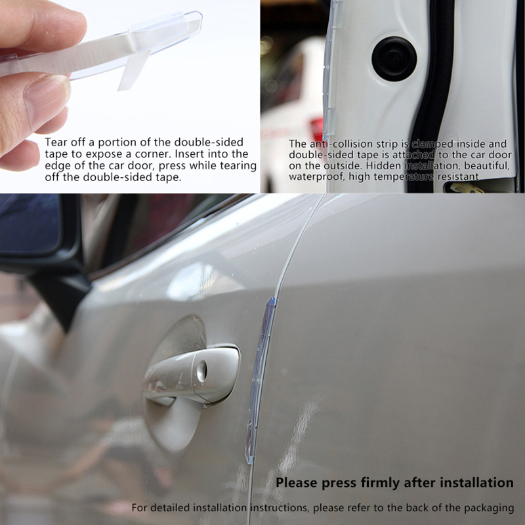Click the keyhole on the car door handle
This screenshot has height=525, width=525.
tap(202, 371)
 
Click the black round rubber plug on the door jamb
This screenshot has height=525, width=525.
tap(394, 59)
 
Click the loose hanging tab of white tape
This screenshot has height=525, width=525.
tap(133, 70)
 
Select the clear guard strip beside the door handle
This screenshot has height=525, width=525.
tap(260, 380)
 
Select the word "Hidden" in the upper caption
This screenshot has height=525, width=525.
tap(384, 165)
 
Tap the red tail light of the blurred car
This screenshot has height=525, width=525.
tap(316, 128)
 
